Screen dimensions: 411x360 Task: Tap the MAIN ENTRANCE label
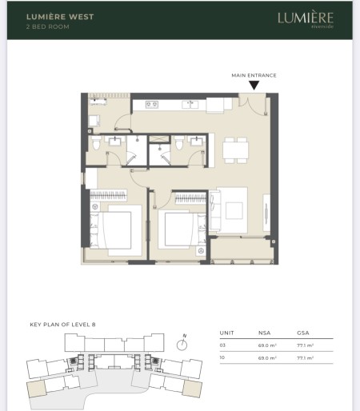(254, 75)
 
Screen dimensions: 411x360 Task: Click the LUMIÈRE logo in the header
(305, 18)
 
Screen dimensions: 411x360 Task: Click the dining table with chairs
(234, 148)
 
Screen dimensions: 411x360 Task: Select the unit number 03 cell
(222, 345)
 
